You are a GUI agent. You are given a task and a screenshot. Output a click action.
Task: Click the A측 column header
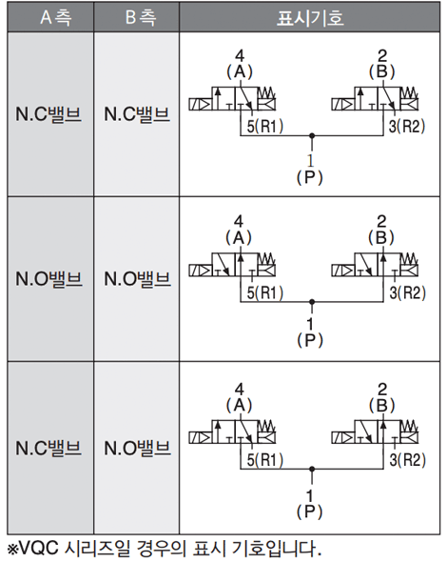click(x=55, y=17)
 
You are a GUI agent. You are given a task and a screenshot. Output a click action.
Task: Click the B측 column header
click(x=141, y=17)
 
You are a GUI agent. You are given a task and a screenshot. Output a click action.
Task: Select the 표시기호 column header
click(x=310, y=18)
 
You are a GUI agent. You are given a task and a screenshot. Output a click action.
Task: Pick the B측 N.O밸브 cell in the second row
click(x=137, y=279)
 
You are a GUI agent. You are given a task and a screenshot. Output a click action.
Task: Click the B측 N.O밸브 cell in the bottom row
click(x=137, y=448)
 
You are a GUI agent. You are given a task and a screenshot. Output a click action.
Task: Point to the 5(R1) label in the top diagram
click(x=265, y=126)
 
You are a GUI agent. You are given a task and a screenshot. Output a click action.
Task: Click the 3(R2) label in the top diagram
click(x=407, y=126)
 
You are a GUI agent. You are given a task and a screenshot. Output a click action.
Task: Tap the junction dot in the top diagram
click(x=312, y=136)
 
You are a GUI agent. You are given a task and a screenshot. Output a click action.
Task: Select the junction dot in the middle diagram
click(x=312, y=302)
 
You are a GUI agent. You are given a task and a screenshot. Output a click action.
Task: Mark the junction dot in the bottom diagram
click(x=312, y=469)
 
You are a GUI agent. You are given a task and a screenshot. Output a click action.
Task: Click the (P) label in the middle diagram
click(x=310, y=340)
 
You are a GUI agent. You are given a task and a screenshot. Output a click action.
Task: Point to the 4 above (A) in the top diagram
click(x=240, y=55)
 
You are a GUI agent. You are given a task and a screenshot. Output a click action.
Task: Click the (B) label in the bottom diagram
click(x=382, y=406)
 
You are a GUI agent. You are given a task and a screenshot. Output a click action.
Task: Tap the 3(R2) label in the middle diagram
click(x=408, y=292)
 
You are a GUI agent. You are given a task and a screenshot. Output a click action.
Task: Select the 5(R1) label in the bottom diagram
click(x=265, y=460)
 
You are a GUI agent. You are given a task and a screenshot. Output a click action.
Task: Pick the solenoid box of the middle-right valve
click(x=342, y=270)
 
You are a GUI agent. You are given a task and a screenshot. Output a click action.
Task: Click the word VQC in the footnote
click(x=38, y=548)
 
